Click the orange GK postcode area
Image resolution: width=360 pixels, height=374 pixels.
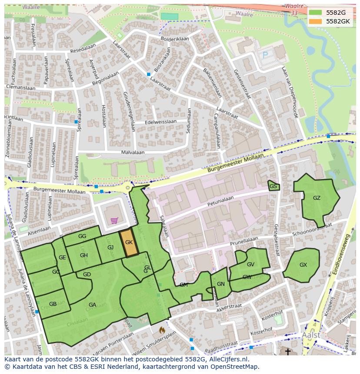tap(129, 243)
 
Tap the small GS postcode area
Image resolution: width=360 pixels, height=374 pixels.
tap(273, 186)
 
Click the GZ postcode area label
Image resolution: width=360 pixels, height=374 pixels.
tap(317, 198)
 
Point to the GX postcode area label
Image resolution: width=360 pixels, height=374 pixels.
tap(303, 265)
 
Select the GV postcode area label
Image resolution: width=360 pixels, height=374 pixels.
tap(250, 265)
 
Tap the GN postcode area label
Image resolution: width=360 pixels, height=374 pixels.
tap(221, 284)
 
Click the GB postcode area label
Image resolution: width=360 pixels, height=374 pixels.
tap(53, 304)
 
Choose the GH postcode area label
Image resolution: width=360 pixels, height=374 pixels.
tap(84, 255)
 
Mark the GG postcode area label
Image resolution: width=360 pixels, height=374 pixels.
tap(82, 236)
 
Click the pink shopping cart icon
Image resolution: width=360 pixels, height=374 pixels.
tap(114, 220)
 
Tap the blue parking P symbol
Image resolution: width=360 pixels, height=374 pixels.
tap(265, 55)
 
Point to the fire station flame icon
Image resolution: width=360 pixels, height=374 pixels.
tap(162, 331)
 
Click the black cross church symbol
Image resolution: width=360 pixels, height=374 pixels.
tap(287, 351)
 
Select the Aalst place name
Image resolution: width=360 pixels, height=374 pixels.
tap(311, 335)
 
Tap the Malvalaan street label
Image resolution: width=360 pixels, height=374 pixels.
tap(133, 153)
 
